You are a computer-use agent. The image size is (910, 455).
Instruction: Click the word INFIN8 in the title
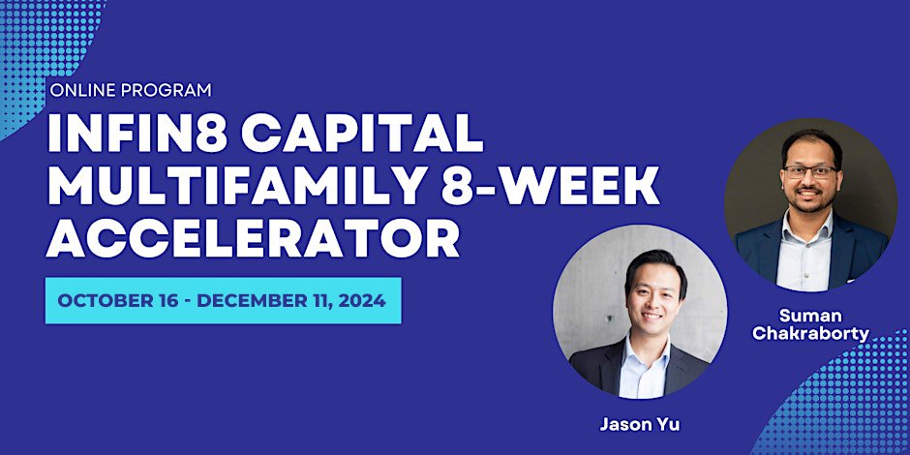(x=136, y=134)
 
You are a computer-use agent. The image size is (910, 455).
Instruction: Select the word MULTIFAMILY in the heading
(x=237, y=186)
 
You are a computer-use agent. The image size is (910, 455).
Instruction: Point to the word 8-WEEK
(x=550, y=186)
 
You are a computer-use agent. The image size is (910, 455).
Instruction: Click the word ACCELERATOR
(x=253, y=237)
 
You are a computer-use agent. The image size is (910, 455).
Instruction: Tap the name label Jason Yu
(x=640, y=424)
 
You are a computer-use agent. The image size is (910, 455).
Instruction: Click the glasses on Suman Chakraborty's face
(x=810, y=171)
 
